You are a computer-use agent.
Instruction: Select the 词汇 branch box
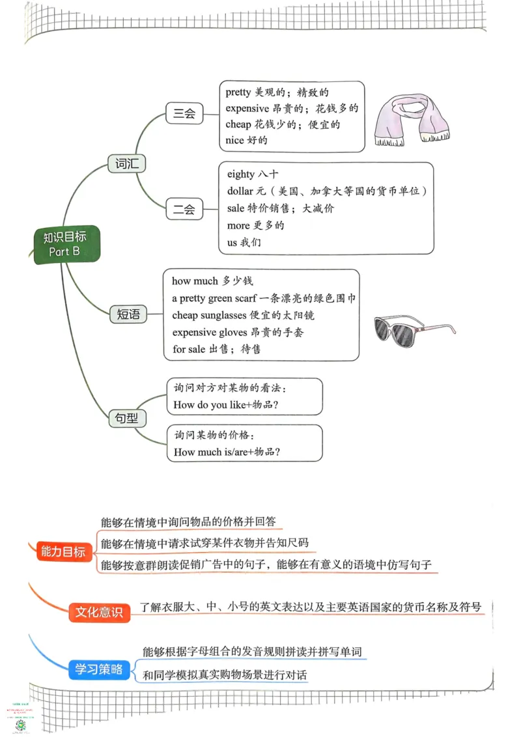[x=126, y=163]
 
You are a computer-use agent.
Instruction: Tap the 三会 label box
[x=184, y=113]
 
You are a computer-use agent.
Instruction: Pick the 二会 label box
[x=184, y=210]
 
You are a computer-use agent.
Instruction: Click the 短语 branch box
[x=128, y=314]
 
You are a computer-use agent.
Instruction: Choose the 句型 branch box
[x=127, y=418]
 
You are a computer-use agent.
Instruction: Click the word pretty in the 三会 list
[x=238, y=92]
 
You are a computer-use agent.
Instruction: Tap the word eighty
[x=241, y=174]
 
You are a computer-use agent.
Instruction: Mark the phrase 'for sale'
[x=188, y=349]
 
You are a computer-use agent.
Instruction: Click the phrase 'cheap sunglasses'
[x=212, y=315]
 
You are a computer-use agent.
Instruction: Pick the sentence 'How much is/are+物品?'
[x=231, y=452]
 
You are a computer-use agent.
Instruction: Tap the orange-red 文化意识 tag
[x=99, y=612]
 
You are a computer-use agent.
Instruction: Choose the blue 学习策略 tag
[x=98, y=669]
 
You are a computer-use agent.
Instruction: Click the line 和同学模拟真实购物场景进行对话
[x=225, y=675]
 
